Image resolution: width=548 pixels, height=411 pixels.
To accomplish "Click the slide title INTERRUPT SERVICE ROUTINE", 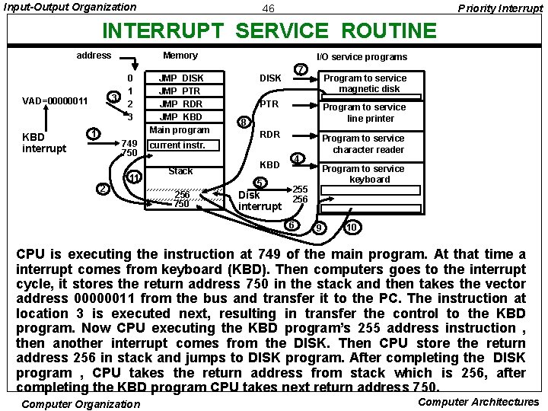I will (x=269, y=31).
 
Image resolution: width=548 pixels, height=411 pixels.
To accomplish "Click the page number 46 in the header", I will (x=268, y=8).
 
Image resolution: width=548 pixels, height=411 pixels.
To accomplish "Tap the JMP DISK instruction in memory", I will (x=180, y=78).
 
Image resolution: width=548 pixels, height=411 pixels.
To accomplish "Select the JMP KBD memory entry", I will (x=180, y=117).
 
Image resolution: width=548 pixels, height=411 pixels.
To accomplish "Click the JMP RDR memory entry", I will (x=180, y=104).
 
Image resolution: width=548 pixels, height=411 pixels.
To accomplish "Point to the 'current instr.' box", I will (x=177, y=145).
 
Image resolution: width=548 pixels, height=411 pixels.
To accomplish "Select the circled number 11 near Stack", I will (x=134, y=178).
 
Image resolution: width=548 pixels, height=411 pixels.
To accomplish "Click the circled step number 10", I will (x=351, y=228).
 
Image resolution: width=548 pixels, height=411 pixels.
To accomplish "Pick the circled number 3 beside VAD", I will (x=113, y=97).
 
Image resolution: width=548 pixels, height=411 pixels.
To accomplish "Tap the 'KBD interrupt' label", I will (x=44, y=142).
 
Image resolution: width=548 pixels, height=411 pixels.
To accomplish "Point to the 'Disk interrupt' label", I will (x=260, y=200).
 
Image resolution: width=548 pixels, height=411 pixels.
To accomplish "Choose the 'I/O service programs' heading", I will (x=362, y=56).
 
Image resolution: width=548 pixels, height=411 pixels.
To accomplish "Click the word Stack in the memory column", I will (x=180, y=170).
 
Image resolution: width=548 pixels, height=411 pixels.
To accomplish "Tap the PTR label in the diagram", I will (x=269, y=104).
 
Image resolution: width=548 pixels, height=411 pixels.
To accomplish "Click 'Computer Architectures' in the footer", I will (x=479, y=402).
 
